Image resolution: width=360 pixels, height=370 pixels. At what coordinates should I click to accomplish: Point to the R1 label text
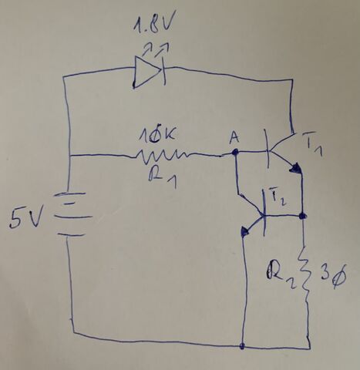pos(163,177)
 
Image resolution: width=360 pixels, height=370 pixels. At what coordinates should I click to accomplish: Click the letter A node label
pos(234,138)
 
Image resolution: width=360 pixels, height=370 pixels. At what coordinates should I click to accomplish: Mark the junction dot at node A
pos(234,153)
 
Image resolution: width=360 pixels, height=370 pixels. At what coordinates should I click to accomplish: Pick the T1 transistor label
pos(313,144)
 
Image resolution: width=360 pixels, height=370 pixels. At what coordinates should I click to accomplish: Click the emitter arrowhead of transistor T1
pos(295,168)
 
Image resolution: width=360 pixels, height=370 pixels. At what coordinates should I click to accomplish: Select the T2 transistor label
pos(278,197)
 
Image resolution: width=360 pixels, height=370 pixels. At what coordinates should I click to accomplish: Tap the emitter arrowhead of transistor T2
pos(245,231)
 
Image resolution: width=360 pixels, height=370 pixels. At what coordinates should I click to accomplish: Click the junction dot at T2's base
pos(303,216)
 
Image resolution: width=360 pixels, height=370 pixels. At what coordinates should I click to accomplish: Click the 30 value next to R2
pos(333,275)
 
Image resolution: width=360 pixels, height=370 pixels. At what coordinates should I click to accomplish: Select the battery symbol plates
pos(72,214)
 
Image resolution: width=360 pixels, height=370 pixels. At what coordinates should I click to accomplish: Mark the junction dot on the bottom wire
pos(242,346)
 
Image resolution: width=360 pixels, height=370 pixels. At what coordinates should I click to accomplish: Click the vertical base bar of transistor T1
pos(267,149)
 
